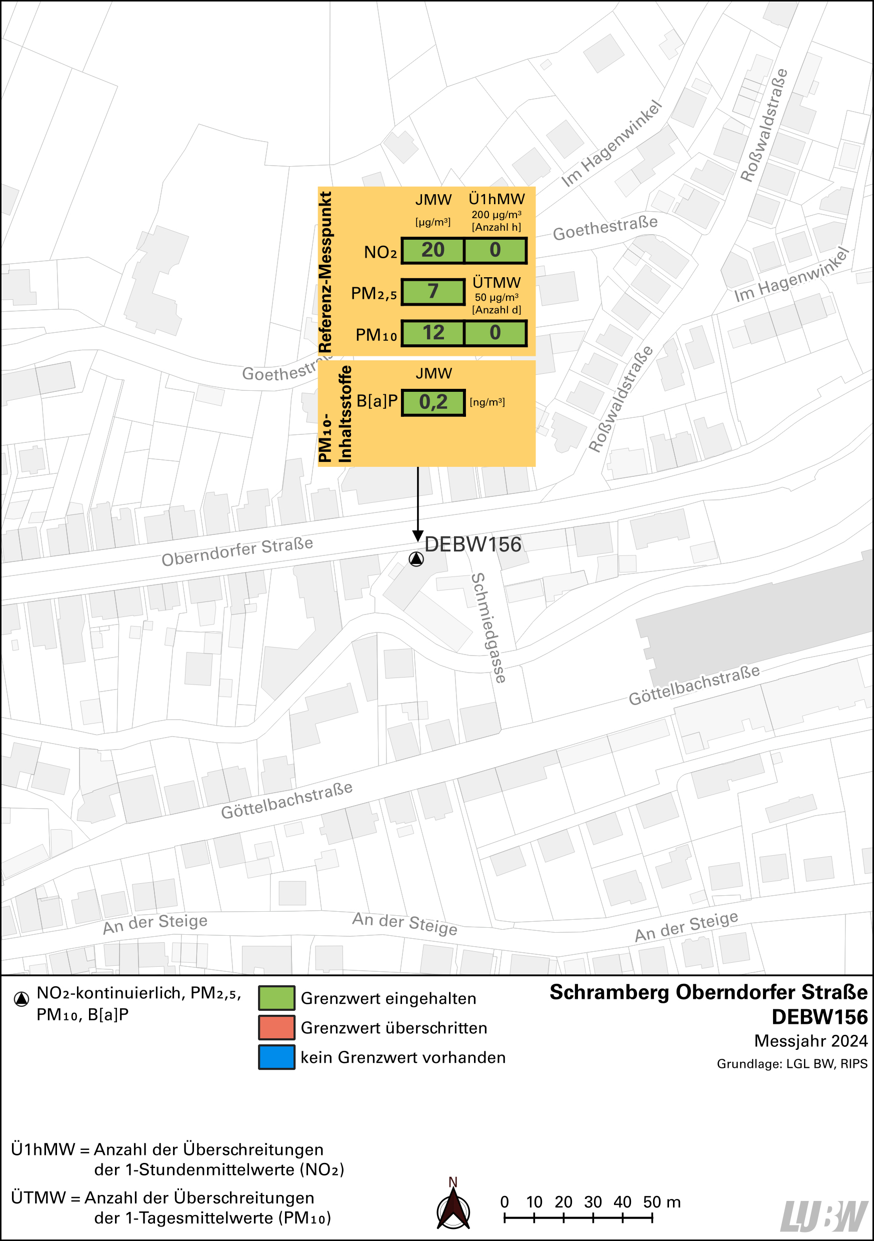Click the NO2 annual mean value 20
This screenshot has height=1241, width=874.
click(x=432, y=250)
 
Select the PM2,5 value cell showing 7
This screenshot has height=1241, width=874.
click(x=432, y=292)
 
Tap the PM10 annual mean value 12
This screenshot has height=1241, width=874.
click(x=432, y=333)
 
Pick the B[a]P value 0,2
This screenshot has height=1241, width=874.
click(x=433, y=403)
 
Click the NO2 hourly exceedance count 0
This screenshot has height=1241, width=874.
click(x=495, y=250)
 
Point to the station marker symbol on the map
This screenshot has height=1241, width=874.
click(x=416, y=559)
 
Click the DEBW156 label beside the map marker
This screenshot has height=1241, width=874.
click(x=472, y=544)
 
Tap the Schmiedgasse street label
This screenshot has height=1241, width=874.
click(x=488, y=628)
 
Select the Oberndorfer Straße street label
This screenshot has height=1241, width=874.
click(x=237, y=552)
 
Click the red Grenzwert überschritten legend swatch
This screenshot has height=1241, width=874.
click(x=276, y=1027)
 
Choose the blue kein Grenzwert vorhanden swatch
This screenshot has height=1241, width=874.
click(x=276, y=1057)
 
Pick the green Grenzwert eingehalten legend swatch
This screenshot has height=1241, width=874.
click(x=276, y=998)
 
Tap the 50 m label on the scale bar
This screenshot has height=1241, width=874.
click(x=661, y=1202)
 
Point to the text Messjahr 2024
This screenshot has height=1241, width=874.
click(x=810, y=1040)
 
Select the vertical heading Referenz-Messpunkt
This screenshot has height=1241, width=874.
click(x=325, y=272)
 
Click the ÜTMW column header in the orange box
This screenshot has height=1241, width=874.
click(x=496, y=283)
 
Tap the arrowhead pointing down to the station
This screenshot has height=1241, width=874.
click(x=417, y=535)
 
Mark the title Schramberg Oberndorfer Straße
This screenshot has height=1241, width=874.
click(x=708, y=992)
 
